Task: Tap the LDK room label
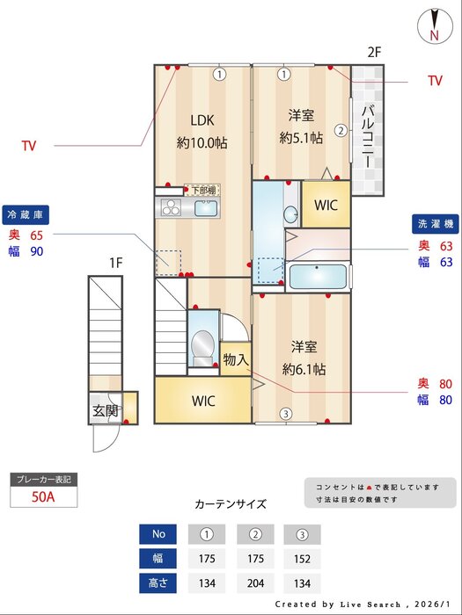pos(202,120)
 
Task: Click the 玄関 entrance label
pos(105,410)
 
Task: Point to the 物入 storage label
pos(235,359)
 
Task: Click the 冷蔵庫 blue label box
pos(26,213)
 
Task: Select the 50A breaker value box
pos(43,496)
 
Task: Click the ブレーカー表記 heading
pos(43,479)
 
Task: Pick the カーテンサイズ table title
pos(230,504)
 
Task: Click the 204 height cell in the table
pos(254,582)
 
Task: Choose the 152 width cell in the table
pos(302,558)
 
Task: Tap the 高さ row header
pos(158,582)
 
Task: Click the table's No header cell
pos(158,534)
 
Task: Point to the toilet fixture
pos(203,345)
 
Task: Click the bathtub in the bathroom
pos(319,275)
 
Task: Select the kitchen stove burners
pos(169,208)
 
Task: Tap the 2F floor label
pos(374,53)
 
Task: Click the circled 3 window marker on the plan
pos(285,414)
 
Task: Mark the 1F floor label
pos(116,262)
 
